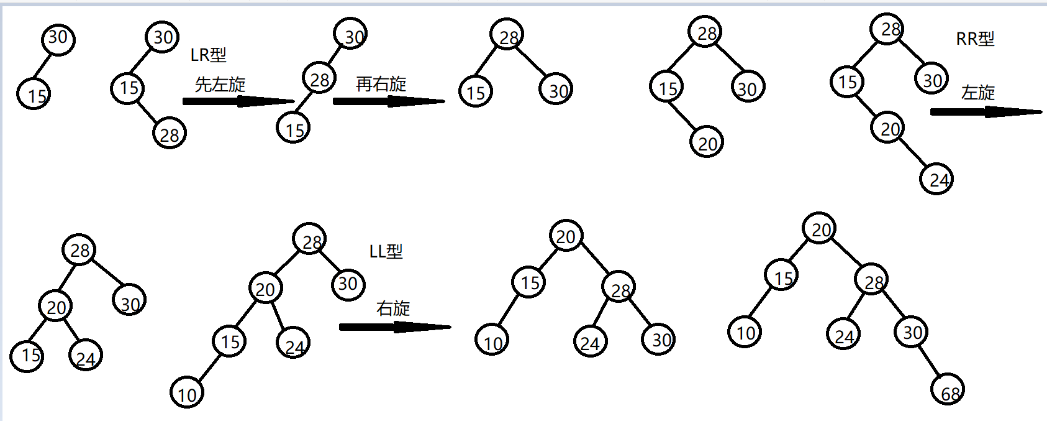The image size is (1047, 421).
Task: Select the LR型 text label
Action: (x=208, y=55)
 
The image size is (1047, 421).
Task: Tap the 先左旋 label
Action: (x=220, y=85)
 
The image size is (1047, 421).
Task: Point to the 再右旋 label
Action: (x=381, y=84)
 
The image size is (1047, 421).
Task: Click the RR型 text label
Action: (x=975, y=39)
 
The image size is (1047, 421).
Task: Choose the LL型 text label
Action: (x=386, y=252)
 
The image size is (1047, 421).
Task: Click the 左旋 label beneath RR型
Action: (x=977, y=93)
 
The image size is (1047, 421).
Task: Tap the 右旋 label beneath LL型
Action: (x=393, y=308)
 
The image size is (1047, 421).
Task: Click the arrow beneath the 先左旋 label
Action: (x=238, y=101)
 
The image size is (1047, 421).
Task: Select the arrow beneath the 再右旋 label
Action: (x=389, y=101)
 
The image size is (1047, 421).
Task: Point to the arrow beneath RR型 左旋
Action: (x=986, y=112)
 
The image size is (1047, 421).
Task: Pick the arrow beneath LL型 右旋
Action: (x=395, y=327)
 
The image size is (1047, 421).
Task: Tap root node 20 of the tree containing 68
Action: (x=819, y=229)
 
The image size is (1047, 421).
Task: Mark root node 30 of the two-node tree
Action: (x=58, y=39)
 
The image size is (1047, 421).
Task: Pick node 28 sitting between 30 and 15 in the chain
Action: (x=319, y=78)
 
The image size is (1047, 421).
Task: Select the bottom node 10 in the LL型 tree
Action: (x=187, y=392)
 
